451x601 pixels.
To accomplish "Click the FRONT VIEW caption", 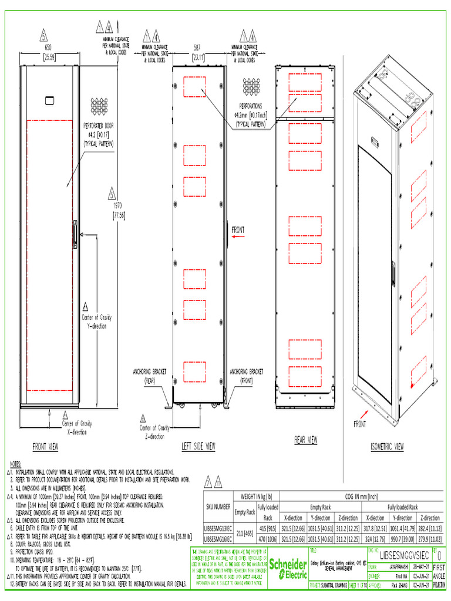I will pos(45,447).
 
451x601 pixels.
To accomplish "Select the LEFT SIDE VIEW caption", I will pos(198,447).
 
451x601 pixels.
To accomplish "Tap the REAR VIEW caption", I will pos(305,440).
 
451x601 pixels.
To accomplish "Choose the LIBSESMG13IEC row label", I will pos(217,528).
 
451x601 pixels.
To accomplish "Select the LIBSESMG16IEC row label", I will pos(217,538).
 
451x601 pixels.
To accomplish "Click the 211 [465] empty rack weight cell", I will pos(245,533).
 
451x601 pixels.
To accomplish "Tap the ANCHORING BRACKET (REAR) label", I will pos(150,376).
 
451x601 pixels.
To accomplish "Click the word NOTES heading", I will pos(14,464).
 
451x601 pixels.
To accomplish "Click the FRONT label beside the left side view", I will pos(238,230).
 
